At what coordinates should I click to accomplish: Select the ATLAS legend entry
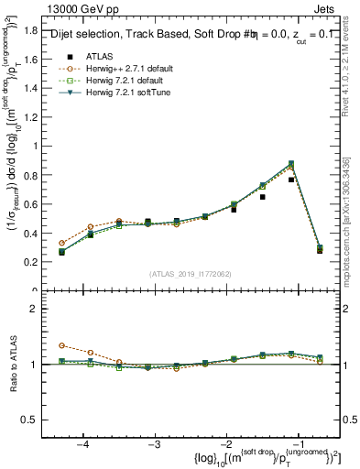pos(100,55)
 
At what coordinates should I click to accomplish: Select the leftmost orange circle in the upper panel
pos(62,244)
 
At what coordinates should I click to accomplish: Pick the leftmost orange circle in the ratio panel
pos(62,345)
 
